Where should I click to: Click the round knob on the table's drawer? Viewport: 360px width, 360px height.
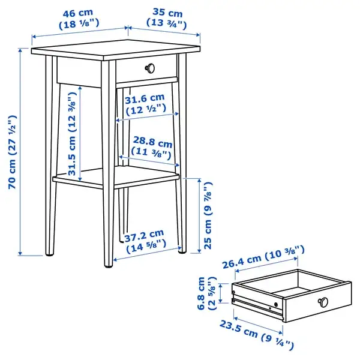pyautogui.click(x=150, y=68)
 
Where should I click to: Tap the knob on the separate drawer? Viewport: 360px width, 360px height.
pyautogui.click(x=323, y=302)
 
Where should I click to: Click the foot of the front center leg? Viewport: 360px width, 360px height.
pyautogui.click(x=109, y=266)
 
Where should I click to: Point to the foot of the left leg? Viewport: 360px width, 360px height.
pyautogui.click(x=50, y=254)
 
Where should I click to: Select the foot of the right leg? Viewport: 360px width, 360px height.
pyautogui.click(x=182, y=252)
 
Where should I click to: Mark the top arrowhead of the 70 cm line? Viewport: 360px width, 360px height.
pyautogui.click(x=20, y=50)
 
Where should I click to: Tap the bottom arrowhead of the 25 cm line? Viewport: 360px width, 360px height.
pyautogui.click(x=199, y=251)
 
